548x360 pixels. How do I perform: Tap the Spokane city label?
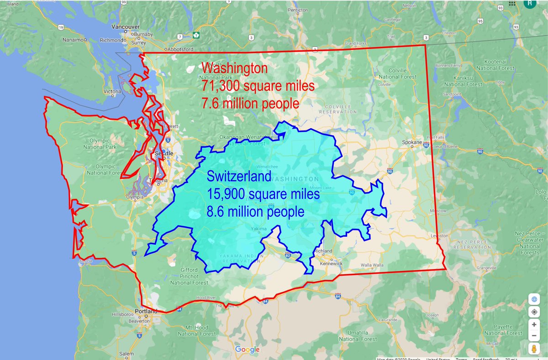[411, 142]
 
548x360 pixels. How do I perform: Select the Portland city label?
[146, 311]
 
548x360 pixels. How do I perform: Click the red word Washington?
[234, 69]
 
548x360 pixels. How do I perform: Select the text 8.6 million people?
[256, 212]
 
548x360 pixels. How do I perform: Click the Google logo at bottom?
[247, 350]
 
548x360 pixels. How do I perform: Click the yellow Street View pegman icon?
[534, 349]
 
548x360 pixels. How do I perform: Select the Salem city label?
[126, 354]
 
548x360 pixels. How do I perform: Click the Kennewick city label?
[332, 264]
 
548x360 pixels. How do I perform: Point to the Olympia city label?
[135, 198]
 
